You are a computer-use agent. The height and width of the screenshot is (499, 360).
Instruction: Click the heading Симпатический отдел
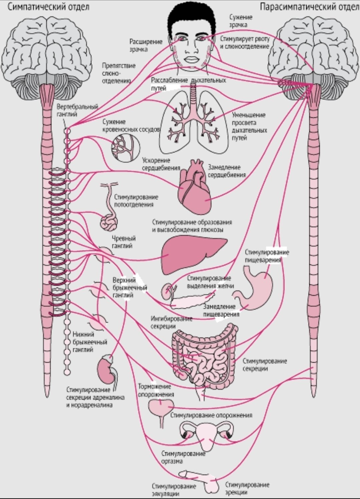[49, 7]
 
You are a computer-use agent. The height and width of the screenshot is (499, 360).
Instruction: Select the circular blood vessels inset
[126, 148]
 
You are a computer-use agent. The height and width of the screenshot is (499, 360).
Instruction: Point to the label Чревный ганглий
[124, 242]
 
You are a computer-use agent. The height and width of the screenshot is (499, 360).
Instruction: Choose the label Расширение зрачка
[146, 45]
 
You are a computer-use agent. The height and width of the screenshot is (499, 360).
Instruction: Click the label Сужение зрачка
[241, 21]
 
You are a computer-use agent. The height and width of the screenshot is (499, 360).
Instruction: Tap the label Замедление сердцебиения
[227, 171]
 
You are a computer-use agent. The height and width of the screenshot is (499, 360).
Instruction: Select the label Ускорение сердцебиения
[161, 164]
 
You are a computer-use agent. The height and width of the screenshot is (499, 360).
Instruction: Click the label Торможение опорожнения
[156, 390]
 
